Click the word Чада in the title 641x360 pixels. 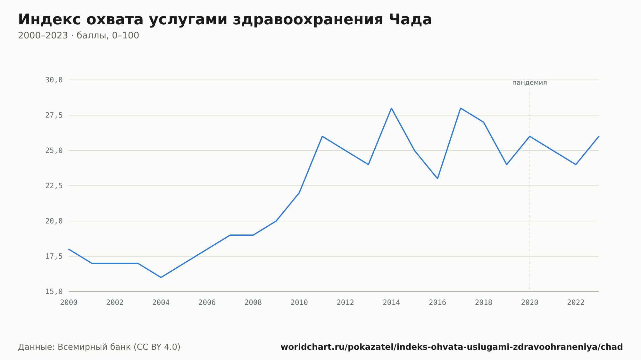(410, 20)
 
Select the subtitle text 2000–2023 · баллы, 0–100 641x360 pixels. (79, 36)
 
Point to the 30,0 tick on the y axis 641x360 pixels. (54, 80)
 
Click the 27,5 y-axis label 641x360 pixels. (54, 115)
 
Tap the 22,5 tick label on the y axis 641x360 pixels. (54, 186)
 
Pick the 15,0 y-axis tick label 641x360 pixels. (54, 291)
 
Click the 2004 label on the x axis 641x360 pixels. (161, 303)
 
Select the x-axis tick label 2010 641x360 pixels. (299, 303)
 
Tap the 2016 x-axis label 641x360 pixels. (437, 303)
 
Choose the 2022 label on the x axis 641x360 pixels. (576, 303)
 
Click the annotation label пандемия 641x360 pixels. (529, 83)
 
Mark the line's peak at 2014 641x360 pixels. (391, 108)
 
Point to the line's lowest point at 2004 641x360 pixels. (161, 277)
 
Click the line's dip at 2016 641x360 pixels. (437, 179)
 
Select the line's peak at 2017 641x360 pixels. (460, 108)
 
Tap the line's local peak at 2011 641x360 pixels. (322, 136)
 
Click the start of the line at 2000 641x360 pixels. (69, 249)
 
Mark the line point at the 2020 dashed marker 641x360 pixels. (529, 136)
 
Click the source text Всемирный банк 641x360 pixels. (94, 347)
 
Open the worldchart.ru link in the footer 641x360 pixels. (452, 347)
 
